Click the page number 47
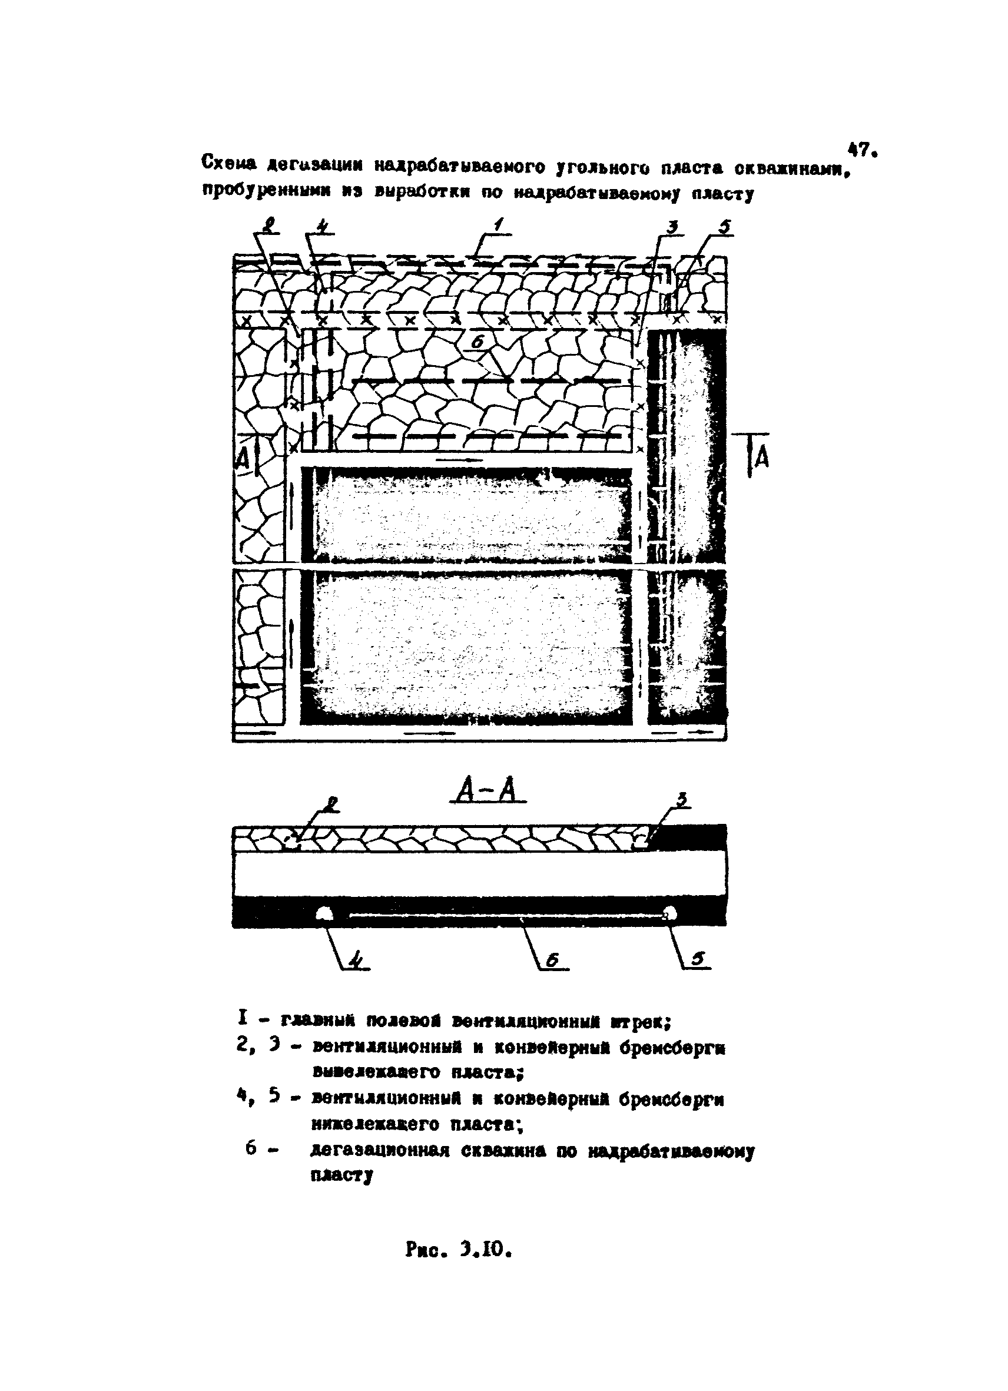click(861, 150)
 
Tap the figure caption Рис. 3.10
click(458, 1249)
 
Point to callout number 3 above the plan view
click(672, 227)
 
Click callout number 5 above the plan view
click(725, 227)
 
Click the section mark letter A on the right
click(760, 457)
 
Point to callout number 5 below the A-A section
click(698, 959)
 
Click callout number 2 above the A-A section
click(331, 804)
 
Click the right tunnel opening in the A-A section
click(669, 914)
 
